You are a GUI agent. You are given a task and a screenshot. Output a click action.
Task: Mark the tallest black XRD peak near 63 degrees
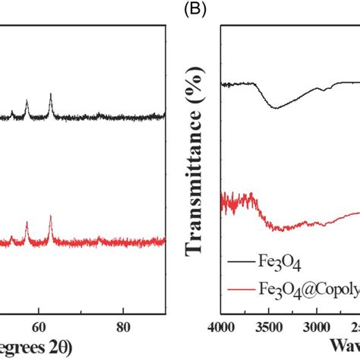coord(51,95)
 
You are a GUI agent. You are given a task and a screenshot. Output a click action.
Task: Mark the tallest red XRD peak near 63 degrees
coord(51,218)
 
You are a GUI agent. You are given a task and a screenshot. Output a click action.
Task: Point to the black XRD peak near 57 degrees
coord(27,101)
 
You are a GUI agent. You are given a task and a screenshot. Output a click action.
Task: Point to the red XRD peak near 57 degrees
coord(27,224)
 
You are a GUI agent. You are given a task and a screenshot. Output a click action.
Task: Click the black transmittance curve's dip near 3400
coord(276,108)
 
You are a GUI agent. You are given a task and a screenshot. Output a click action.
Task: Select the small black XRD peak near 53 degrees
coord(11,112)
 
